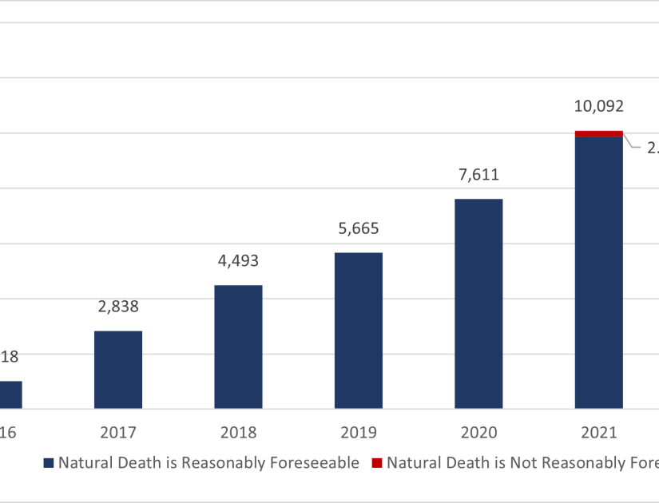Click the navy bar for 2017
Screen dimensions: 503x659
(118, 370)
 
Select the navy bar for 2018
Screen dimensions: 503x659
(238, 347)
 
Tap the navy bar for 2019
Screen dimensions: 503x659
(358, 331)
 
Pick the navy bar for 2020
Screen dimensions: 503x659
(478, 303)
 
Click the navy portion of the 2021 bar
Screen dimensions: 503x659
(598, 272)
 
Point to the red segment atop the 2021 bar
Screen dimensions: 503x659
(598, 133)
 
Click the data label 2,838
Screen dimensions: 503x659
(118, 306)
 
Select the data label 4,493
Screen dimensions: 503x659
(238, 260)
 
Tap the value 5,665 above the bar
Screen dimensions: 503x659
(358, 228)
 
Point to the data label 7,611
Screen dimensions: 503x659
(478, 175)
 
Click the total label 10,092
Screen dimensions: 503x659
(598, 106)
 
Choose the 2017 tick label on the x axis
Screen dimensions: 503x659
(118, 433)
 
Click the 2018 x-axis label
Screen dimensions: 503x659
(238, 433)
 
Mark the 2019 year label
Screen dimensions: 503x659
(358, 433)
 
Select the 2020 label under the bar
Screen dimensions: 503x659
(478, 433)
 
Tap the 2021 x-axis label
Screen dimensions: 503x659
(598, 433)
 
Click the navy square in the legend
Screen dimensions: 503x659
(48, 464)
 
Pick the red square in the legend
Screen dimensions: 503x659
(377, 464)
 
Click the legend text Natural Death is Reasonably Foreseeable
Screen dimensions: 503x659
(208, 464)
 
